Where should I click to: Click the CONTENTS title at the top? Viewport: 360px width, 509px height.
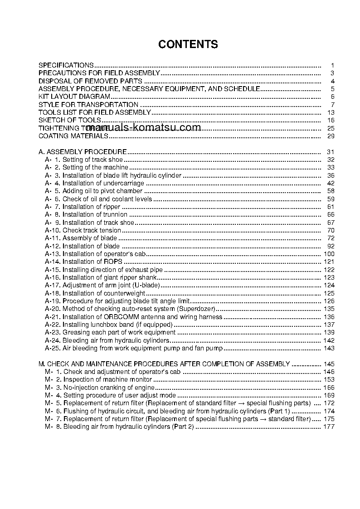point(188,44)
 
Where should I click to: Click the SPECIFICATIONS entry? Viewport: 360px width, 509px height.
point(66,65)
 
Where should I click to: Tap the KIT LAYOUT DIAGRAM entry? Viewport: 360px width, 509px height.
point(74,97)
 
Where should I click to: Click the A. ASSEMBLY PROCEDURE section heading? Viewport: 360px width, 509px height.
point(83,152)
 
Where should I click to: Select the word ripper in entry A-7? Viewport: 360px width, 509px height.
point(112,207)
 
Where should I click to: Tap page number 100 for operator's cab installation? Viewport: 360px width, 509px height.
point(329,254)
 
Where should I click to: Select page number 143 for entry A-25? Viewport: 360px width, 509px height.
point(329,348)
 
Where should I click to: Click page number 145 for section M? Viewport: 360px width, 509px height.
point(329,364)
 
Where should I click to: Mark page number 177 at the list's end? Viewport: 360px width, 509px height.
point(329,427)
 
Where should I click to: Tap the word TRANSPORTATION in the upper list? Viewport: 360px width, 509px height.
point(102,105)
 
